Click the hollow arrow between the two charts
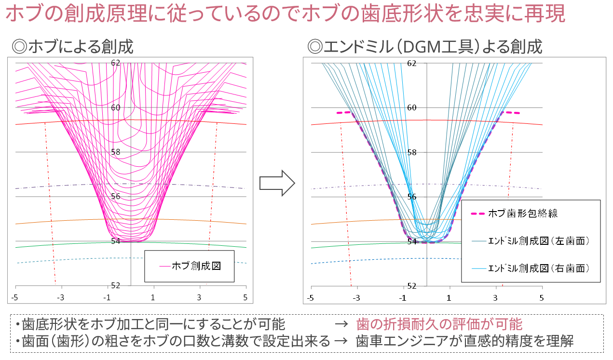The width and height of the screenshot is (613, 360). coord(277,183)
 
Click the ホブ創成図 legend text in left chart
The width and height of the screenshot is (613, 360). coord(196,266)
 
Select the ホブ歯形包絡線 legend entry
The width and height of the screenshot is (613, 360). coord(523,213)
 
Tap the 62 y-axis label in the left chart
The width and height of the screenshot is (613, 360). coord(116,63)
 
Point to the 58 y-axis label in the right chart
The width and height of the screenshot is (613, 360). coord(412,152)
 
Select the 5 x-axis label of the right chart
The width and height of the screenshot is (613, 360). coord(542,298)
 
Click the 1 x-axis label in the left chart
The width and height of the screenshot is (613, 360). coord(153,297)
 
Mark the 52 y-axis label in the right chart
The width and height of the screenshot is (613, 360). coord(412,286)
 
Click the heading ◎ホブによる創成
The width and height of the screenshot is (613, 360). coord(72,46)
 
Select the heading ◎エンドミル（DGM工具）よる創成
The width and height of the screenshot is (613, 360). coord(425,46)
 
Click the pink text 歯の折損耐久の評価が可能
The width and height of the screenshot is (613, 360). coord(439,324)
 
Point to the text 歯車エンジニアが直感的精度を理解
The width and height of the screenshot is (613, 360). coord(465,342)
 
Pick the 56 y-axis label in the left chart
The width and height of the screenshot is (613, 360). coord(116,196)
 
